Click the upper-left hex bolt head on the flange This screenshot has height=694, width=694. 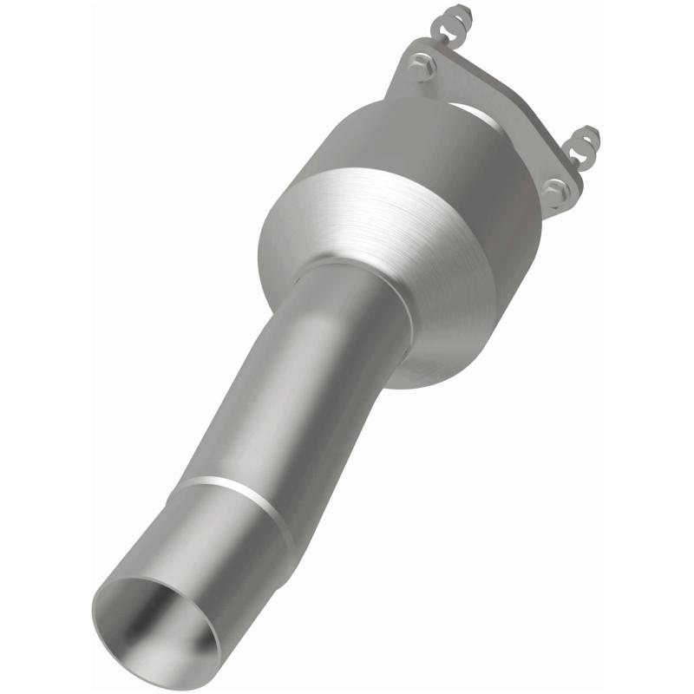[x=422, y=65]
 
